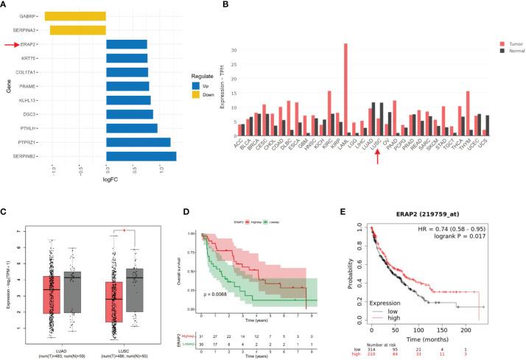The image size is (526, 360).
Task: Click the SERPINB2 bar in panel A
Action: point(141,156)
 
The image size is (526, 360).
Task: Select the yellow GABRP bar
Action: point(75,15)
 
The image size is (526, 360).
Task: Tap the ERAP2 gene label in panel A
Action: point(30,44)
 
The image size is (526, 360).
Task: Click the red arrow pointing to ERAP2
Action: point(10,44)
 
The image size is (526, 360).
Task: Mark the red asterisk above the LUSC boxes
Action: point(125,230)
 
